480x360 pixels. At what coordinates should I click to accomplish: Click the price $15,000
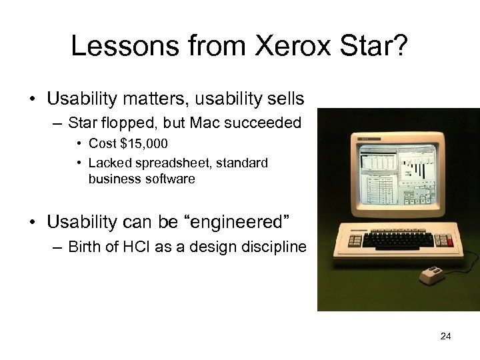tap(145, 144)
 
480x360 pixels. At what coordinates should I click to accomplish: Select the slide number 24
tap(446, 336)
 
